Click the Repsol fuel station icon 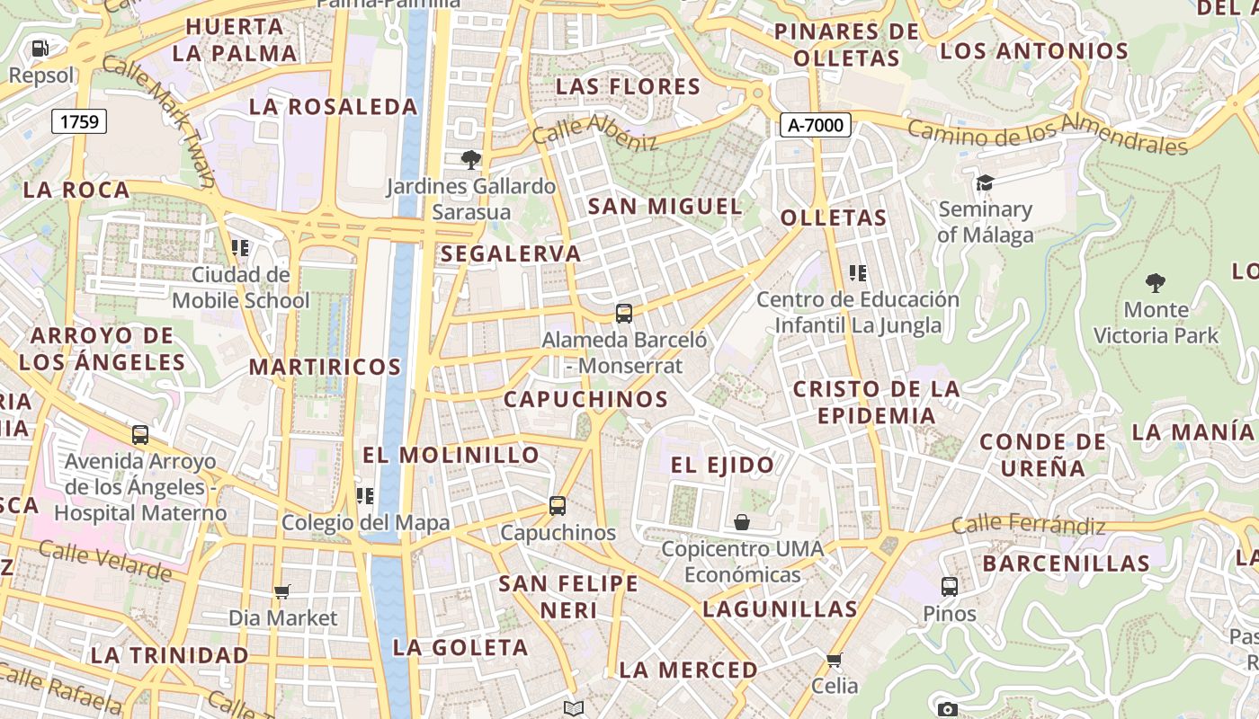40,48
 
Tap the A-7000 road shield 815,125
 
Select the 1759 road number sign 79,121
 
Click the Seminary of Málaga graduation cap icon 985,183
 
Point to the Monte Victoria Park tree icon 1155,284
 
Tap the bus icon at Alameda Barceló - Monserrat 624,314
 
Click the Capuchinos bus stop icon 558,506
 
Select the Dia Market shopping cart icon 282,591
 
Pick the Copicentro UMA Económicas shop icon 742,522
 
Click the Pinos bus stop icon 949,587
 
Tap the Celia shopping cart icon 835,661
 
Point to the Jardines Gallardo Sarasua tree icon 470,160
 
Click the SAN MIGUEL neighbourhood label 665,206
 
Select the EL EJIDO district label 722,465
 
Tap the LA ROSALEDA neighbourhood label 333,107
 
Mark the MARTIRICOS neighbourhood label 325,367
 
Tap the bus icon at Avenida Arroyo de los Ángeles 140,435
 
